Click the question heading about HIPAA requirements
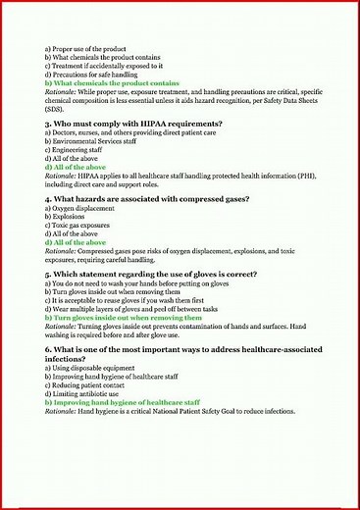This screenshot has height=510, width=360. coord(137,125)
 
